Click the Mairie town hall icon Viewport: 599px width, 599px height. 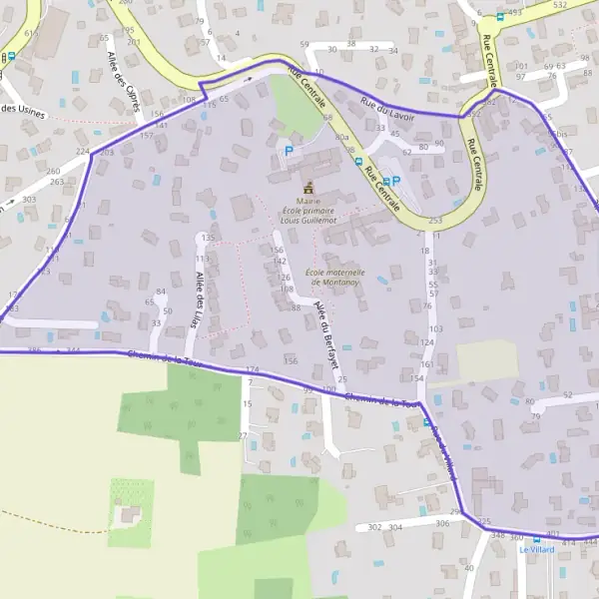click(307, 187)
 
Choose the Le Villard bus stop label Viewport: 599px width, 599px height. click(535, 549)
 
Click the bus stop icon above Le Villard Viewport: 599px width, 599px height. click(535, 537)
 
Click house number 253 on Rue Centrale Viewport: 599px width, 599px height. click(434, 221)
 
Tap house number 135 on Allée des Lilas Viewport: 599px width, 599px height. click(208, 238)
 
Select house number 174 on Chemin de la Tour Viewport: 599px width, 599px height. click(252, 370)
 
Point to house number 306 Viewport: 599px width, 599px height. click(442, 523)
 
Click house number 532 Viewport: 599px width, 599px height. click(560, 5)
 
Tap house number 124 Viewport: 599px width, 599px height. click(427, 342)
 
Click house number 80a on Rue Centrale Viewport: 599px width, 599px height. click(342, 137)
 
